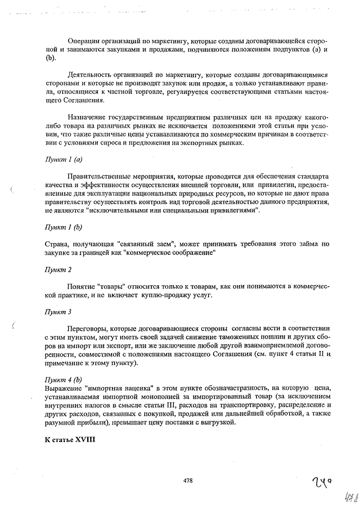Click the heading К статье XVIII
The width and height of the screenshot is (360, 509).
[x=70, y=438]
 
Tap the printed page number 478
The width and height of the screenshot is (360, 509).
[x=188, y=480]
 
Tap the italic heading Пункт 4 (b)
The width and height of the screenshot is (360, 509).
[x=64, y=379]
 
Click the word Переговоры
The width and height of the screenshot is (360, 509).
[x=87, y=328]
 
